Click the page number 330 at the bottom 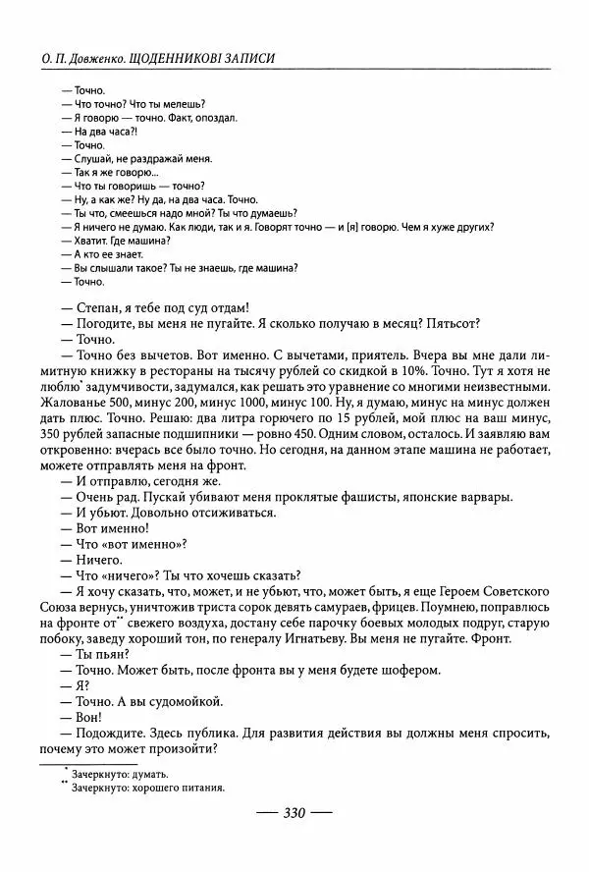click(x=295, y=813)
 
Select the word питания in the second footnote click(x=202, y=787)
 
